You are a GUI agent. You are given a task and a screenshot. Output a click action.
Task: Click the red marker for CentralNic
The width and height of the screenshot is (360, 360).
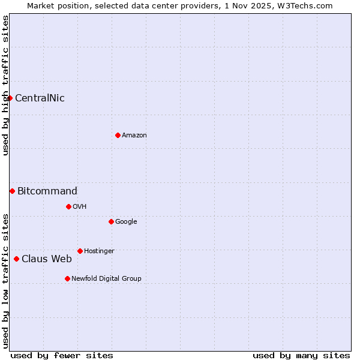10,98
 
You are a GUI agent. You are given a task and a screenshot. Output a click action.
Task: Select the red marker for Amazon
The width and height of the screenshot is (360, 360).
118,135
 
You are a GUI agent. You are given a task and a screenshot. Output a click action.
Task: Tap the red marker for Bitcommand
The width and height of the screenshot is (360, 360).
12,191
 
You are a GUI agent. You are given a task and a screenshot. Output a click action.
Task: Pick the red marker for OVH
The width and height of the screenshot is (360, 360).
68,206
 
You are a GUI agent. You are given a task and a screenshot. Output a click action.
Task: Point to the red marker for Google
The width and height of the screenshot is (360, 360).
111,221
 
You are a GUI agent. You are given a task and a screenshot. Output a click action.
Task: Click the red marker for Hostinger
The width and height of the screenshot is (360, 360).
80,251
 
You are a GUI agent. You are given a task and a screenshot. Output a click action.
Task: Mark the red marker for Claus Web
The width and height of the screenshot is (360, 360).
16,259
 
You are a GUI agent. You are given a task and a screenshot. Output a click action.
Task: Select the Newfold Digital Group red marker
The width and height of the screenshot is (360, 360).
67,278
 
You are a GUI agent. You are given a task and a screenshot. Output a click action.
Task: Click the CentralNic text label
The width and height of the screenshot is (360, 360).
40,98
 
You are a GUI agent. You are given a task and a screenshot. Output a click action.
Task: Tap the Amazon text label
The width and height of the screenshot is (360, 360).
134,136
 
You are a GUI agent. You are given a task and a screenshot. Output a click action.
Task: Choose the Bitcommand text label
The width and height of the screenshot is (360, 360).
47,191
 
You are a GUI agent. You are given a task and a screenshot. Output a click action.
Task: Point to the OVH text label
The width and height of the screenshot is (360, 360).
80,207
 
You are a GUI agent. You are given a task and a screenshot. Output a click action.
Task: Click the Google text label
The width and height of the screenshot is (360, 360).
126,222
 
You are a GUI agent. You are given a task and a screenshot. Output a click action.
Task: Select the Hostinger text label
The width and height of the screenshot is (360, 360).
99,251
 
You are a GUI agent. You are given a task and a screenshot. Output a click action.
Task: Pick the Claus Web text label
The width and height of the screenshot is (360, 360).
47,259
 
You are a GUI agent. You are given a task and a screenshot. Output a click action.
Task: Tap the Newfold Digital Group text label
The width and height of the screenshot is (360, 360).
106,279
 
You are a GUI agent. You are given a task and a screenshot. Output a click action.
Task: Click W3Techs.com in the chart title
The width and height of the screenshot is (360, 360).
304,5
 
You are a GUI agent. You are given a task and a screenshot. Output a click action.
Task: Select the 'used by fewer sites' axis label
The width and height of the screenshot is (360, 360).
62,355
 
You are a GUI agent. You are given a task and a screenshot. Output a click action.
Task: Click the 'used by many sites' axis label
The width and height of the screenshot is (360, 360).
301,355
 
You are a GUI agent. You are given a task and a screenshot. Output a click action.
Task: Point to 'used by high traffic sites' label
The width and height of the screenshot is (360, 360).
5,85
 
